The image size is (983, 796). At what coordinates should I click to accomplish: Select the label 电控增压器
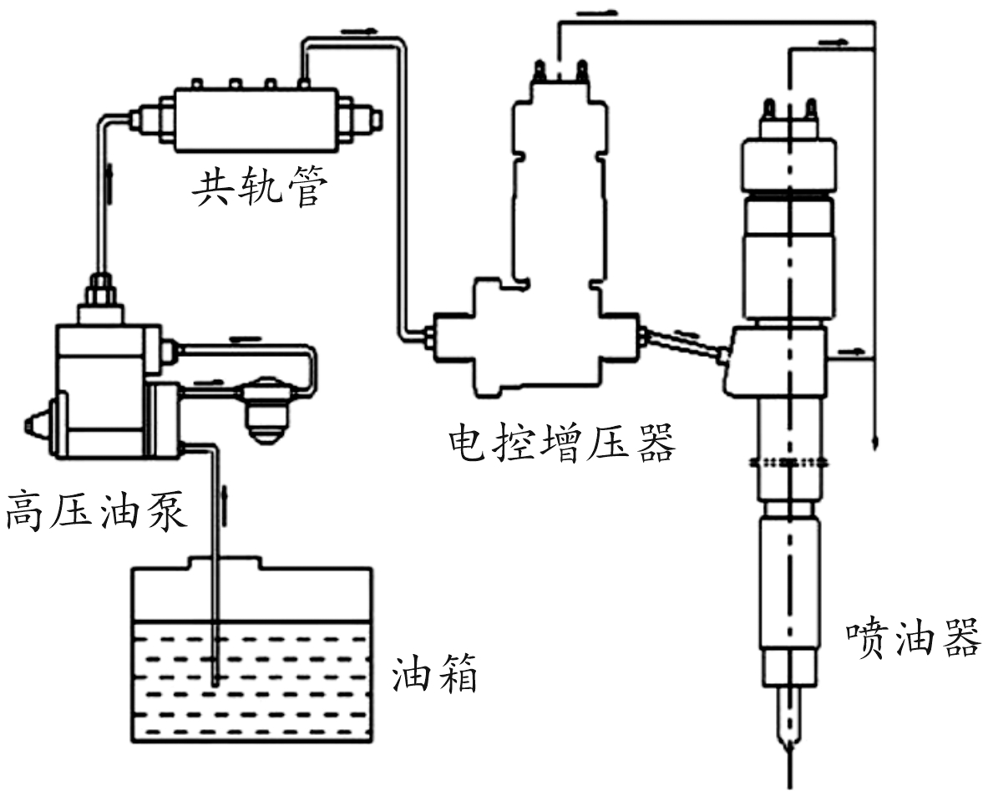[x=561, y=443]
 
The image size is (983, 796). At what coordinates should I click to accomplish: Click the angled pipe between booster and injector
[x=682, y=342]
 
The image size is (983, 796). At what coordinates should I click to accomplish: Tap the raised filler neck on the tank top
[x=226, y=561]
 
